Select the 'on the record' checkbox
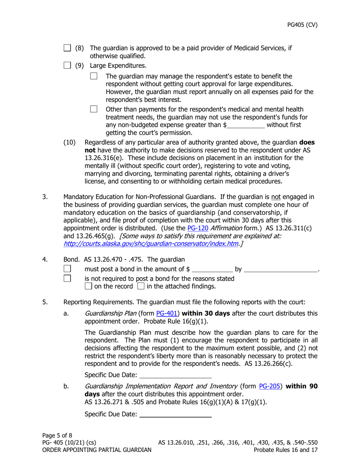[x=89, y=286]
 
